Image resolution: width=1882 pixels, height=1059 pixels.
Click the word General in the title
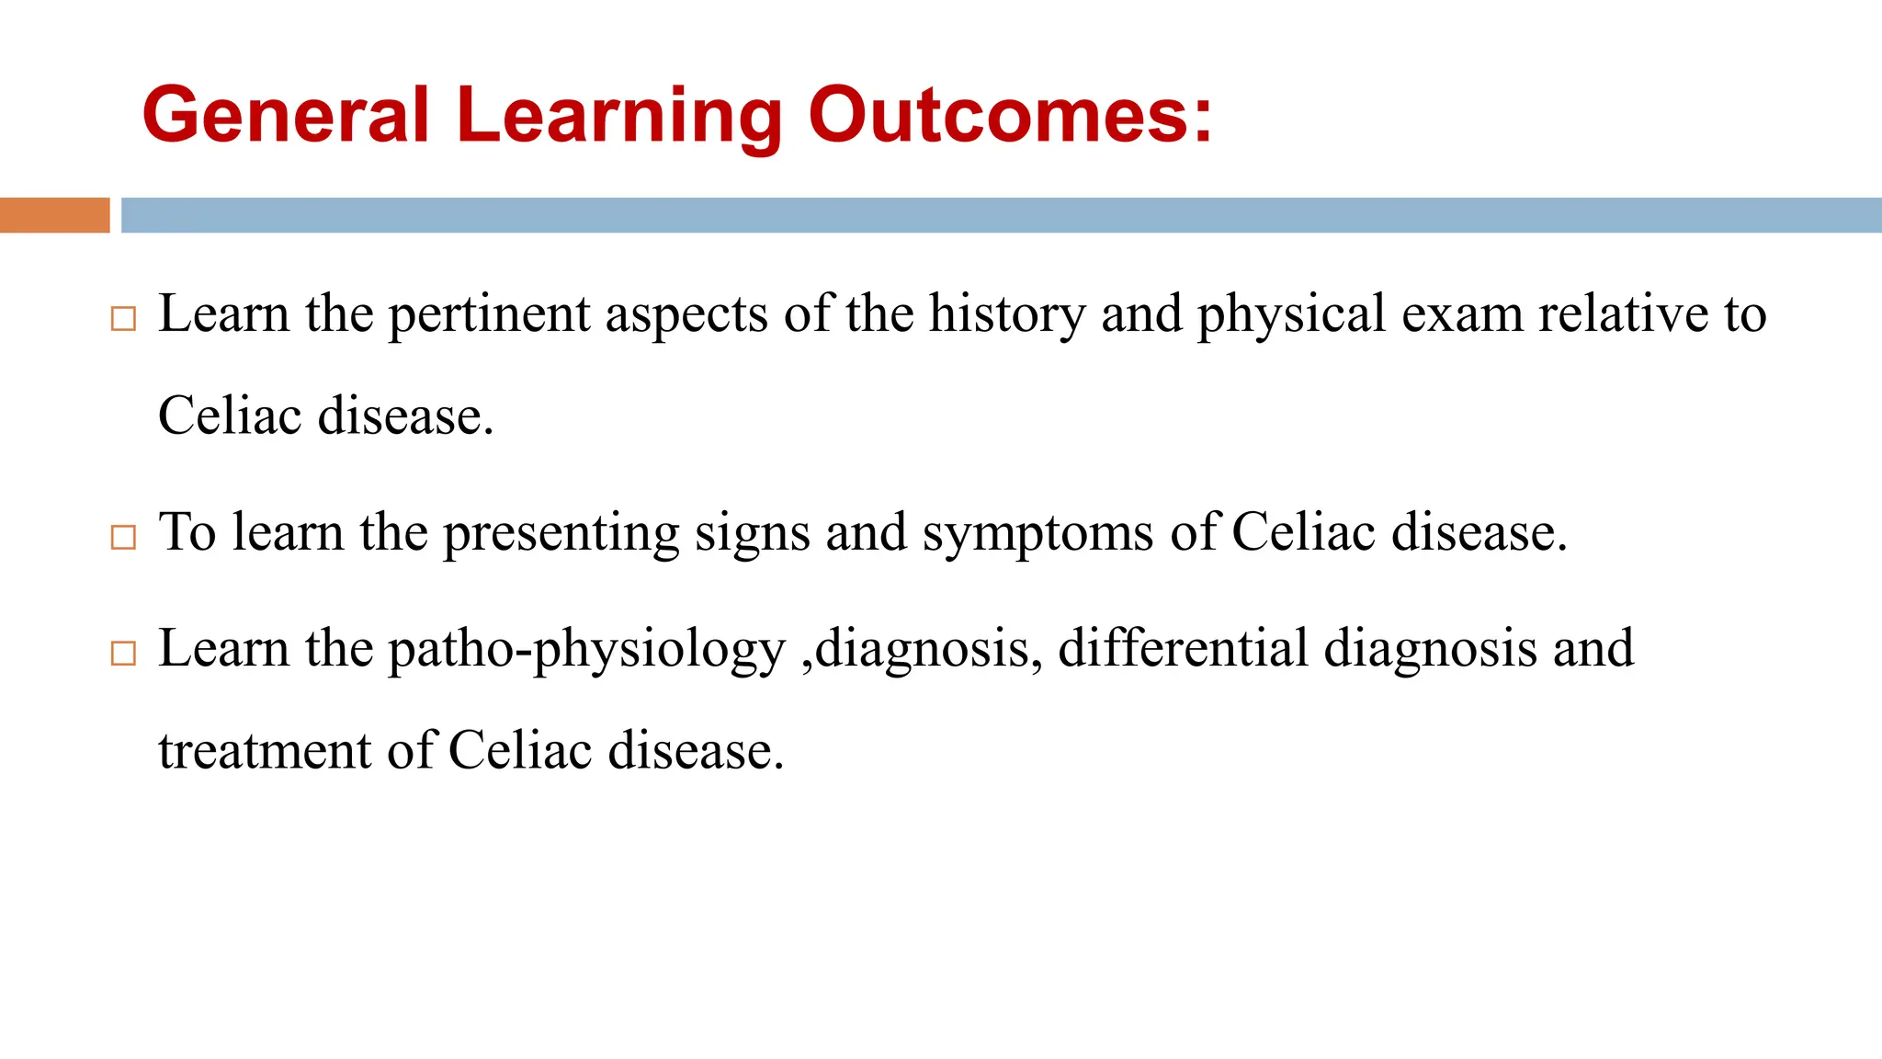pyautogui.click(x=286, y=115)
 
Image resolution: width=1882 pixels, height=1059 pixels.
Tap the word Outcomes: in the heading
pyautogui.click(x=1011, y=115)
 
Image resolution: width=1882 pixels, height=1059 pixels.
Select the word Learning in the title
pyautogui.click(x=618, y=115)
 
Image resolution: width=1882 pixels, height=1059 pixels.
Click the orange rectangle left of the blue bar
pyautogui.click(x=54, y=215)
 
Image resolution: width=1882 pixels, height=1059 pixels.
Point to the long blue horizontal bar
pyautogui.click(x=1001, y=215)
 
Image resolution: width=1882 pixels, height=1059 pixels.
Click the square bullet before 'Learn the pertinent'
pyautogui.click(x=123, y=319)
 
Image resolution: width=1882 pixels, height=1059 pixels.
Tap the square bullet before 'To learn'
pyautogui.click(x=123, y=537)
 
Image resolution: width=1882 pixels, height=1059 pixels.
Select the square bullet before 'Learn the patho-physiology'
pyautogui.click(x=123, y=654)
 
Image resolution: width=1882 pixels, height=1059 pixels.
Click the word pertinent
pyautogui.click(x=488, y=314)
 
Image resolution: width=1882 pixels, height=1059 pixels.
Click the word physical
pyautogui.click(x=1291, y=314)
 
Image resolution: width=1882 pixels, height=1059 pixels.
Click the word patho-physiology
pyautogui.click(x=587, y=650)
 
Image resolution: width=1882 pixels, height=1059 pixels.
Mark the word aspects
pyautogui.click(x=686, y=314)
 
